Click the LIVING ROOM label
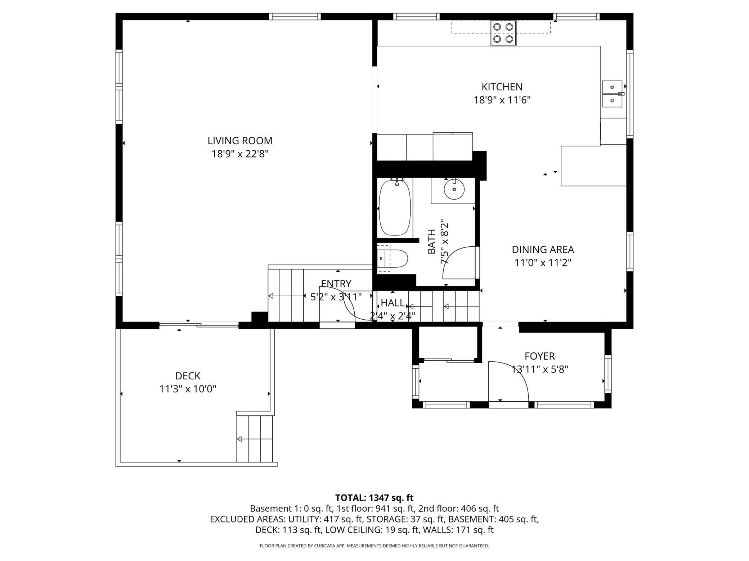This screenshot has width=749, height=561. (240, 141)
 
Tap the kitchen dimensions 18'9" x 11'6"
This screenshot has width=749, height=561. (502, 100)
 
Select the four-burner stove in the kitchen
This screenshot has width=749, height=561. (503, 33)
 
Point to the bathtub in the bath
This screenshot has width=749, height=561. (395, 207)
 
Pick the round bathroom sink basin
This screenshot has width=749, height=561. (454, 189)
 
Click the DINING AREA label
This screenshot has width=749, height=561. (543, 250)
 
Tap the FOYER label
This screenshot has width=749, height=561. (539, 356)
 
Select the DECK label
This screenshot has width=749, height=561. (188, 376)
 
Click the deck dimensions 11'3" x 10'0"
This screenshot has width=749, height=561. (188, 389)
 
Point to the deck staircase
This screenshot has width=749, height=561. (255, 438)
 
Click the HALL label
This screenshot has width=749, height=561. (393, 303)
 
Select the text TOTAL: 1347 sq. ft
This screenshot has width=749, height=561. (374, 498)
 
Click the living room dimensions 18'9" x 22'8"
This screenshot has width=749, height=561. (240, 154)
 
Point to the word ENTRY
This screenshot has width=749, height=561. (336, 284)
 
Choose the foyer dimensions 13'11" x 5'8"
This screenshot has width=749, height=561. (539, 369)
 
